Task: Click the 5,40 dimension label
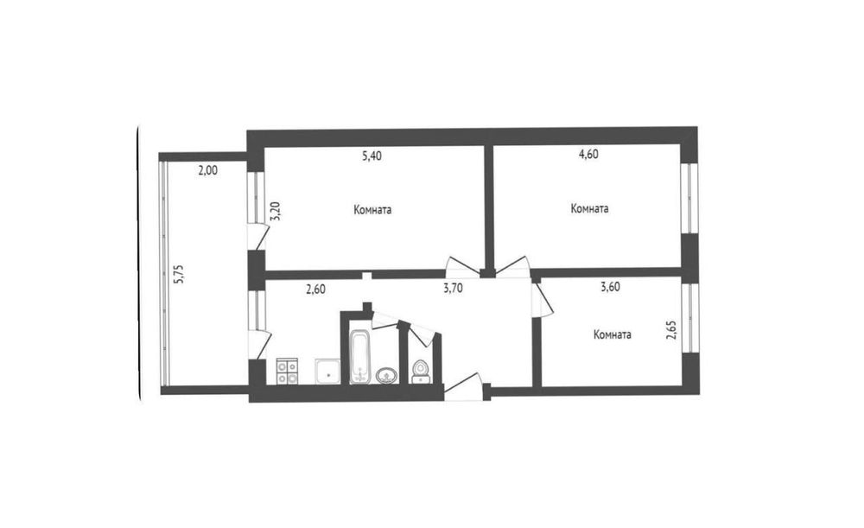372,156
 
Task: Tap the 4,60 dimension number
588,155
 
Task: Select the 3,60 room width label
610,287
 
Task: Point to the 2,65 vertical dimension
671,329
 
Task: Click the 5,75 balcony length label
179,274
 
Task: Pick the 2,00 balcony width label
207,171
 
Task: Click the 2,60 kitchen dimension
315,289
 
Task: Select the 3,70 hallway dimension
453,287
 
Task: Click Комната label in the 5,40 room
372,210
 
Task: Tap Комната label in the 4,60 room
589,209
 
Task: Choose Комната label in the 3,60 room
613,334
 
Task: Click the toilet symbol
421,372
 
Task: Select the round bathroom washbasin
387,375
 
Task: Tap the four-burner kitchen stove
287,371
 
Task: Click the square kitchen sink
328,371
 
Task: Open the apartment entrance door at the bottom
463,386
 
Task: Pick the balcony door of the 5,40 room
257,237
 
